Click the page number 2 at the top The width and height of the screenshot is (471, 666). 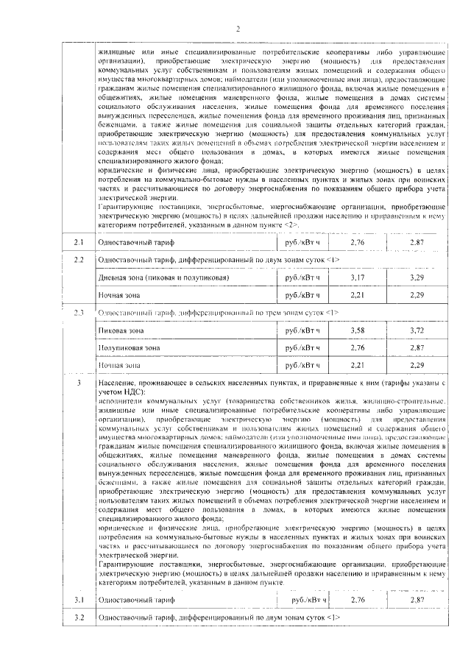(x=238, y=29)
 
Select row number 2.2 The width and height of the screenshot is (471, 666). (x=80, y=261)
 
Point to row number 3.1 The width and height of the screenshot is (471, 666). (x=80, y=600)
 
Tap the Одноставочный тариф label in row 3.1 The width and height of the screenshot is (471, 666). (x=133, y=600)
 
